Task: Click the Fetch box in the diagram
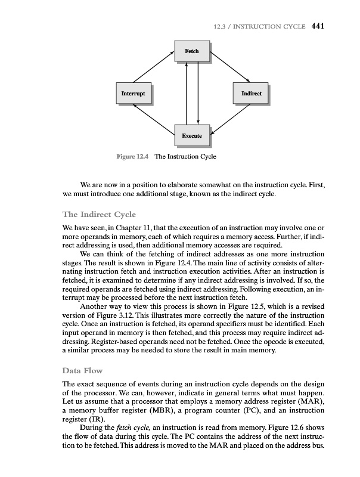click(x=191, y=51)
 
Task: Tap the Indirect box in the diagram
click(x=251, y=94)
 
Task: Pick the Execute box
click(x=191, y=137)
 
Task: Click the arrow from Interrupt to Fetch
click(x=153, y=66)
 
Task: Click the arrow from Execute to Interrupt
click(x=153, y=122)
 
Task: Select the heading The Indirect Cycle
click(x=99, y=215)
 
